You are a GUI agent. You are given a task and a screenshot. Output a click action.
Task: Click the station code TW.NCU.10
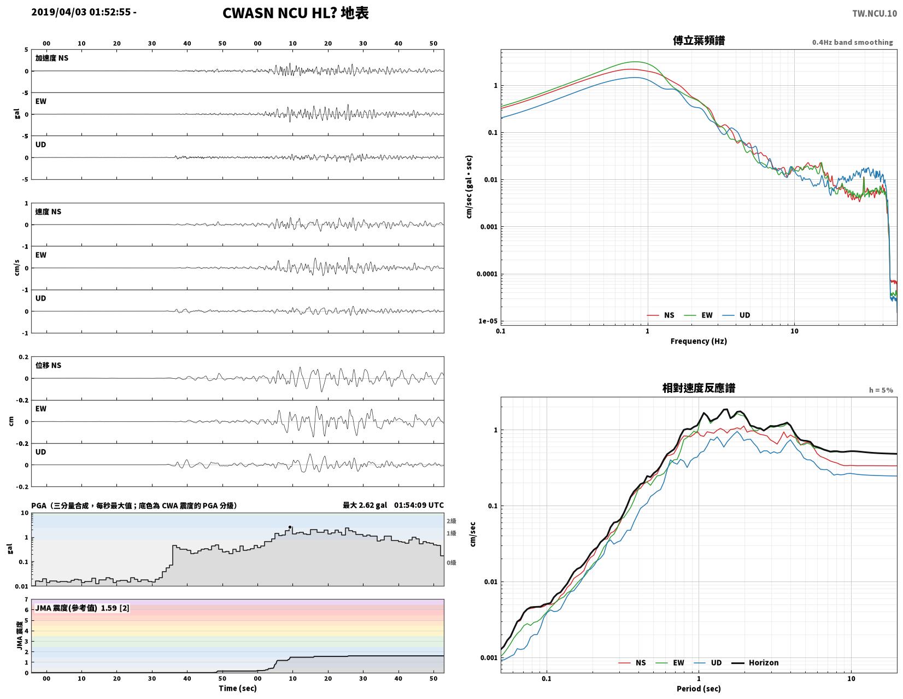coord(875,13)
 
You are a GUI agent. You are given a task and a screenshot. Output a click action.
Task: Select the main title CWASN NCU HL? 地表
coord(296,13)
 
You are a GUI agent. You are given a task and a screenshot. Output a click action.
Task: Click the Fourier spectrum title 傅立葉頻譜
coord(699,40)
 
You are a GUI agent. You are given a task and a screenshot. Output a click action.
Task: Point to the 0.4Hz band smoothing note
coord(852,43)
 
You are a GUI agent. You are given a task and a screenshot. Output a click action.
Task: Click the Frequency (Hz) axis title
coord(698,341)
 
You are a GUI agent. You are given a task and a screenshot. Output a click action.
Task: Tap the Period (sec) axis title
coord(698,689)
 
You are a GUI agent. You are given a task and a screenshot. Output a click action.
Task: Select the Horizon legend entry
coord(755,663)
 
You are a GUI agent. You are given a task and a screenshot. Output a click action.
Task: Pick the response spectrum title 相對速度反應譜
coord(699,389)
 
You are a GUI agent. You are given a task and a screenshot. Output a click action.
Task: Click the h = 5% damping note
coord(881,390)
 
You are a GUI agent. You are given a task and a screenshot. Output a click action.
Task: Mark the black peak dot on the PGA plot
coord(290,527)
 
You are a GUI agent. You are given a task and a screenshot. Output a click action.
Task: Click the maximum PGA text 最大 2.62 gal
coord(365,505)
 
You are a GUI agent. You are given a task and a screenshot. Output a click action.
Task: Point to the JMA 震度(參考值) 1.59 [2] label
coord(83,608)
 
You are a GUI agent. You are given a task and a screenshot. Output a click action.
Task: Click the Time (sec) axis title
coord(238,688)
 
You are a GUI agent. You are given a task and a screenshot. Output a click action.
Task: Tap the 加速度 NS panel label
coord(51,58)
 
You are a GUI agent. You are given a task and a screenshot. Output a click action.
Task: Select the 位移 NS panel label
coord(48,366)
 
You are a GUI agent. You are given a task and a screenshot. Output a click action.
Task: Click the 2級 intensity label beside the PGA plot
coord(451,521)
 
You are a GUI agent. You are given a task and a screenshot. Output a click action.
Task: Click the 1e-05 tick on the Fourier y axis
coord(488,321)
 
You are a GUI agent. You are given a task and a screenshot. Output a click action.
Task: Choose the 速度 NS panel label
coord(48,212)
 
